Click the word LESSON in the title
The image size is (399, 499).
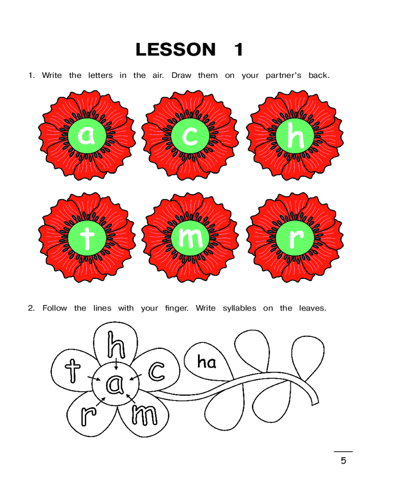pyautogui.click(x=176, y=49)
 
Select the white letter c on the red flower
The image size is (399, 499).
pyautogui.click(x=190, y=136)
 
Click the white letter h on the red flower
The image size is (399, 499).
pyautogui.click(x=295, y=135)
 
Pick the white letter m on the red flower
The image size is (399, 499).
pyautogui.click(x=190, y=238)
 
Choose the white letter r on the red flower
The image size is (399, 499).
pyautogui.click(x=296, y=239)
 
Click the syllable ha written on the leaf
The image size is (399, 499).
pyautogui.click(x=206, y=362)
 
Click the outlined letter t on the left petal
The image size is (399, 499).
pyautogui.click(x=72, y=371)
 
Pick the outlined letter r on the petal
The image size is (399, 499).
pyautogui.click(x=88, y=415)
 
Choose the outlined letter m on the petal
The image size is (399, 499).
pyautogui.click(x=145, y=415)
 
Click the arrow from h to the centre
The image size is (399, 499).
pyautogui.click(x=116, y=364)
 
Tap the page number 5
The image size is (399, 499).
pyautogui.click(x=343, y=461)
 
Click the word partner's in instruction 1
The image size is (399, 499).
pyautogui.click(x=283, y=76)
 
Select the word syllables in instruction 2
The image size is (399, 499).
pyautogui.click(x=239, y=308)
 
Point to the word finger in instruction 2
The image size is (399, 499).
pyautogui.click(x=176, y=308)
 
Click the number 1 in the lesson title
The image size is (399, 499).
pyautogui.click(x=238, y=49)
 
